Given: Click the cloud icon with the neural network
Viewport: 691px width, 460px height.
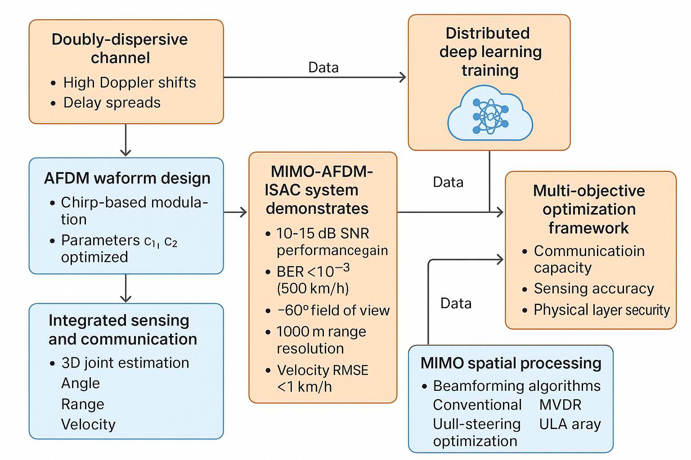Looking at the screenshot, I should [x=490, y=116].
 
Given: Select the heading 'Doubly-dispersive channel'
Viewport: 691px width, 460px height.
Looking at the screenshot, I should [x=120, y=49].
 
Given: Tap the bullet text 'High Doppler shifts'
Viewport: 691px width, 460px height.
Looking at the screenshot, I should [x=129, y=83].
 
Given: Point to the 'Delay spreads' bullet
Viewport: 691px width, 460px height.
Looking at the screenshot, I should [x=112, y=103].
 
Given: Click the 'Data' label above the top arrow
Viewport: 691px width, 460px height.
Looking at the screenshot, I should [x=323, y=68].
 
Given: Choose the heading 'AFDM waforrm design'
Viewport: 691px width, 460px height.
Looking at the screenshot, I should [x=127, y=178].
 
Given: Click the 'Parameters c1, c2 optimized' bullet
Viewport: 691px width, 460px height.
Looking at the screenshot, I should [x=119, y=248].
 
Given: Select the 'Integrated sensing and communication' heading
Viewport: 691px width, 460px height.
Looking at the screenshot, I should [x=122, y=330].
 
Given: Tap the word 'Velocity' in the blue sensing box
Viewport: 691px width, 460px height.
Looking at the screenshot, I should [x=88, y=425].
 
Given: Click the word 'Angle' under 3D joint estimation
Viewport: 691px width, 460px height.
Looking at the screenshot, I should [x=81, y=383].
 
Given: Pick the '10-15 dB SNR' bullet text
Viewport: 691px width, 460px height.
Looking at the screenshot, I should [x=323, y=234].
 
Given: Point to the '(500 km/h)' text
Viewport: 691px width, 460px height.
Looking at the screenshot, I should [x=313, y=288].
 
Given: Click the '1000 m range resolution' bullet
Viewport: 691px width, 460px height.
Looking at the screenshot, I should [x=321, y=340].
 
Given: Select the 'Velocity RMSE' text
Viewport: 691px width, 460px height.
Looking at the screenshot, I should [x=323, y=370].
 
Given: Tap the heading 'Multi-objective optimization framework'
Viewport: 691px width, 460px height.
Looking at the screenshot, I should [x=589, y=209].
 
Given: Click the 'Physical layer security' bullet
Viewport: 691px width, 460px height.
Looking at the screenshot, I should [x=601, y=310].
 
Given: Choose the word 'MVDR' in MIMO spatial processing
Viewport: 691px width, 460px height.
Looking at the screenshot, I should [x=560, y=405].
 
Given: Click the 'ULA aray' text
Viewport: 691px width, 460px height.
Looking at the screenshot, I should [x=570, y=424].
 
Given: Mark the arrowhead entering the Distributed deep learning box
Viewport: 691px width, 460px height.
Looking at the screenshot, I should [x=403, y=77].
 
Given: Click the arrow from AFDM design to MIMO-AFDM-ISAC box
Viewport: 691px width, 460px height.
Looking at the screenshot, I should [x=236, y=212].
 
